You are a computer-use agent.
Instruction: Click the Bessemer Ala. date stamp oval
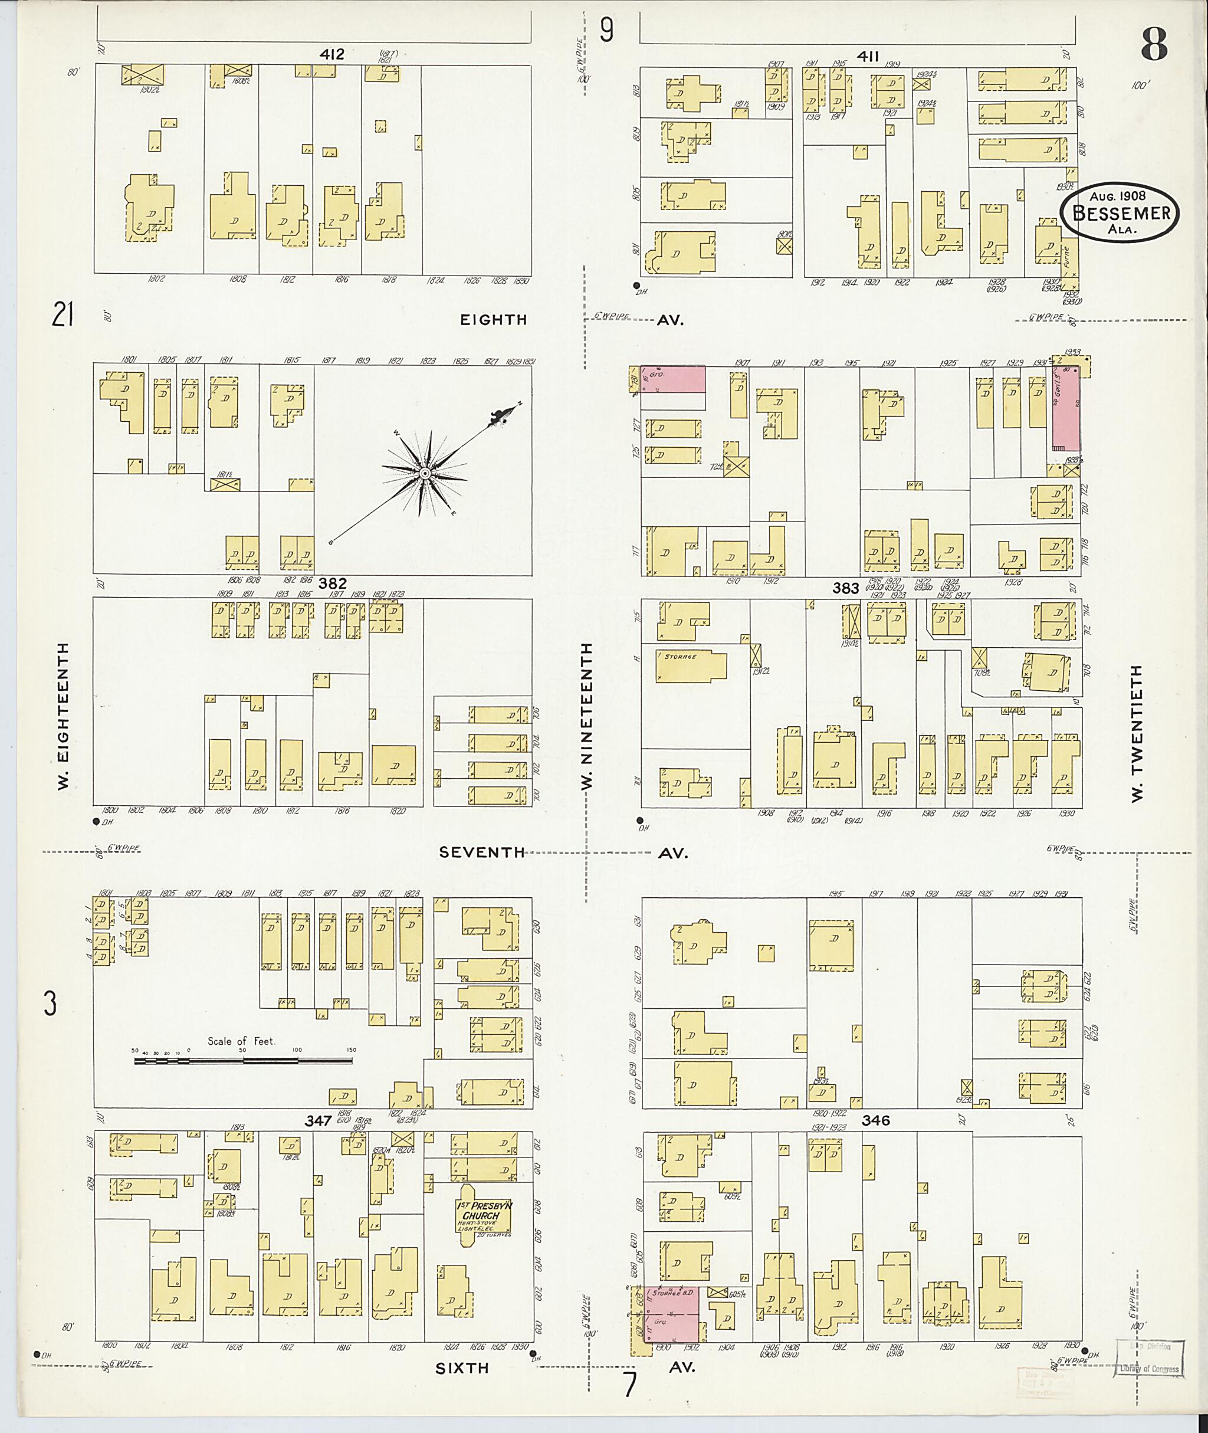1120,213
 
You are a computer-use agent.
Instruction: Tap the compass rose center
424,473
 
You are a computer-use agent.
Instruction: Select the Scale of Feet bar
243,1061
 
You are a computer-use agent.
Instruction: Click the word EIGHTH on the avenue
493,320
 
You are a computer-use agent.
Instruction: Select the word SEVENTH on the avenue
481,853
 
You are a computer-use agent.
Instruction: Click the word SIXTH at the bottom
462,1368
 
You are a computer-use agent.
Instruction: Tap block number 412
331,54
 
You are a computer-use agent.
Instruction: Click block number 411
867,57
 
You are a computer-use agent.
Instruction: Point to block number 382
332,583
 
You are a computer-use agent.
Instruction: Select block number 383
845,588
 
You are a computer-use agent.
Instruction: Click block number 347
319,1122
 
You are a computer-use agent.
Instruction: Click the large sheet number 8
1154,45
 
